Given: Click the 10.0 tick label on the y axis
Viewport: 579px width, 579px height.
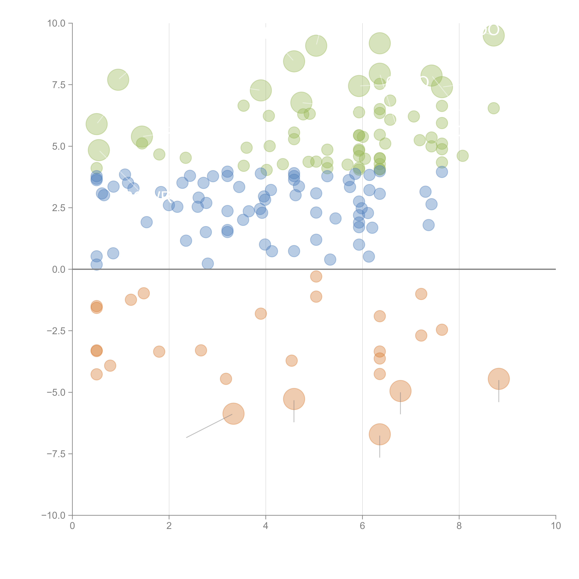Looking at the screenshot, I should point(56,23).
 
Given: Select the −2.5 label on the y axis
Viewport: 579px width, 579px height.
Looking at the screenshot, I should point(56,331).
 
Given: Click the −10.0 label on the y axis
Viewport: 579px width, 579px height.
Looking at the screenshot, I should point(54,515).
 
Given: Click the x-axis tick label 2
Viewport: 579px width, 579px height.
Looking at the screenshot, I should point(169,526).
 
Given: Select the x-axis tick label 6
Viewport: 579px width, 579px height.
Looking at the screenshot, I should point(362,526).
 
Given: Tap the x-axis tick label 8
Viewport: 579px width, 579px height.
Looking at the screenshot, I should point(459,526).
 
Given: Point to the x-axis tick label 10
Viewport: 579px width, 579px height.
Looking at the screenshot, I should point(556,526).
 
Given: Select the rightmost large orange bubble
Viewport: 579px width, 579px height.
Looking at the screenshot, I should point(499,379).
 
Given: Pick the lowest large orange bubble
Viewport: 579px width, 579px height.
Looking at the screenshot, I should point(380,434).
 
